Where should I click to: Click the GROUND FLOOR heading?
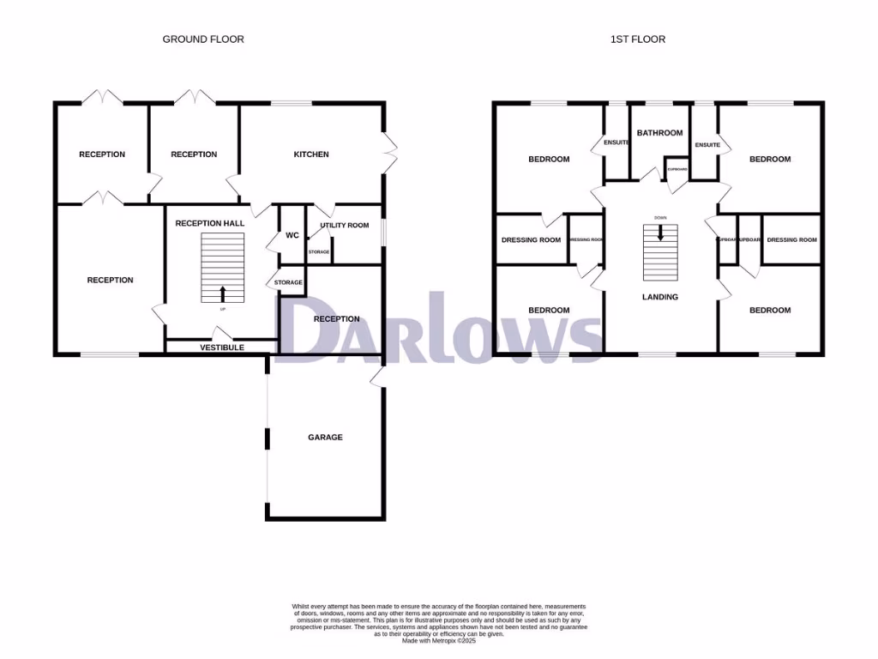point(203,39)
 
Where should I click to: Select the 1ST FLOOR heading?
point(637,39)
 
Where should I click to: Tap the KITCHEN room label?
point(311,154)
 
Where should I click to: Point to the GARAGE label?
point(325,437)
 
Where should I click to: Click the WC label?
point(292,235)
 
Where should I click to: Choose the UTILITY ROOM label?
point(345,226)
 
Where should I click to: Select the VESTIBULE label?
point(222,348)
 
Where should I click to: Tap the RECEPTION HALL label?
point(210,223)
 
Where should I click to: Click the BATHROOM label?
point(659,133)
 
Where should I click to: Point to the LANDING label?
point(660,297)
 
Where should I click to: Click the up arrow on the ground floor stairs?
point(223,293)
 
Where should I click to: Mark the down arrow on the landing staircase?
point(660,233)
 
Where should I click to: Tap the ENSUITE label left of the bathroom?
point(616,142)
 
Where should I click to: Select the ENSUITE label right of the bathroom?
point(707,145)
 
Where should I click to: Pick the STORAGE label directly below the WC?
point(288,282)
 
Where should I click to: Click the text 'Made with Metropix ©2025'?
point(438,640)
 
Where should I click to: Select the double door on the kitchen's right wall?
point(390,154)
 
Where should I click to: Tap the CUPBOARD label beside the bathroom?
point(677,169)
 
